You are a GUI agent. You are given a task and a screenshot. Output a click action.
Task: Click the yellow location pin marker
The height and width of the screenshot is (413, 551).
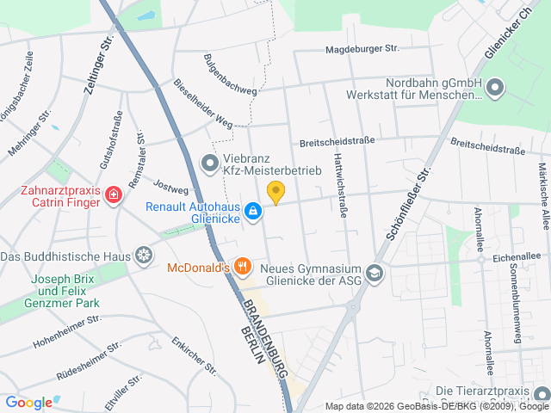275,193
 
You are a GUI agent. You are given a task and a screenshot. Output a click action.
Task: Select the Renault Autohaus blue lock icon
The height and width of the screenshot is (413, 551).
252,210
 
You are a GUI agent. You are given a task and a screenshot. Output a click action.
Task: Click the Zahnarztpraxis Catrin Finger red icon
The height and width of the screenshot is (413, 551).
113,197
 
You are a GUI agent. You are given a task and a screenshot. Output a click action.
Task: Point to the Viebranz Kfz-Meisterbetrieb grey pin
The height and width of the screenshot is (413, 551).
209,162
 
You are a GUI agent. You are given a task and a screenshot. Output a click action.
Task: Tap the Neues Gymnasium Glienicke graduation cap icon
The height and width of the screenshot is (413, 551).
375,273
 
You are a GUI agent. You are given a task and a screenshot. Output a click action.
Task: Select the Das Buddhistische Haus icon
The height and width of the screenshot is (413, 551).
143,256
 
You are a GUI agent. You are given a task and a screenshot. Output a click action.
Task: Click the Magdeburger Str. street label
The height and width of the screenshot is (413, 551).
362,50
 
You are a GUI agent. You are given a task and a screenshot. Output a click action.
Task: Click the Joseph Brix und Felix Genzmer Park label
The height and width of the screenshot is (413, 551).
65,291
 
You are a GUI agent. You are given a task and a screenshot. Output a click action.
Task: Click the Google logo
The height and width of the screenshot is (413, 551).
29,402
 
